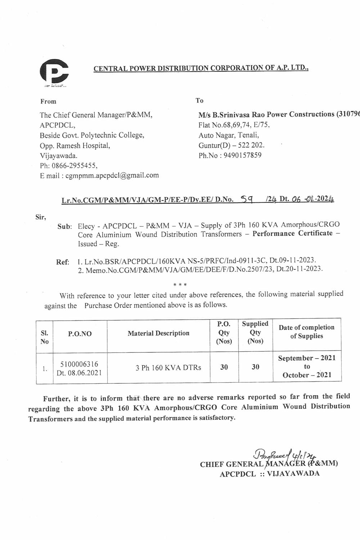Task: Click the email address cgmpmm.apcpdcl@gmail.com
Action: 112,175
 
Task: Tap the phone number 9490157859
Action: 242,156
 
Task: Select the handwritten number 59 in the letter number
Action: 246,198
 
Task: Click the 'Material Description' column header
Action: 158,333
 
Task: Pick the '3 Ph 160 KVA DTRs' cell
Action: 168,368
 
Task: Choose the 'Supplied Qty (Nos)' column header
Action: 255,332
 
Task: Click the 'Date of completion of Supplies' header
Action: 306,332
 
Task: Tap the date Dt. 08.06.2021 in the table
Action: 79,373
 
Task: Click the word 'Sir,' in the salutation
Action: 41,217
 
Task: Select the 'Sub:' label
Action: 64,227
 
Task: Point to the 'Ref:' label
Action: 63,262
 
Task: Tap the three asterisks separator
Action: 180,285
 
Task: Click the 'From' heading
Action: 48,102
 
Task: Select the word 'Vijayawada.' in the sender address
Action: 58,156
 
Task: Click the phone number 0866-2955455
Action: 74,166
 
